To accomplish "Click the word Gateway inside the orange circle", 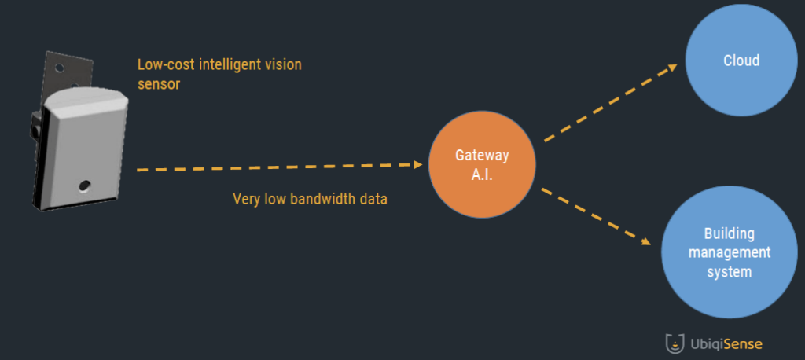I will pos(482,155).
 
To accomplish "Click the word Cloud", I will pos(741,61).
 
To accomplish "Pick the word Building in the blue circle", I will pos(729,233).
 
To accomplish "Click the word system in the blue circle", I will pos(728,272).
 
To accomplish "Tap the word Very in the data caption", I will pos(247,199).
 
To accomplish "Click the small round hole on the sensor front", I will pos(84,186).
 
